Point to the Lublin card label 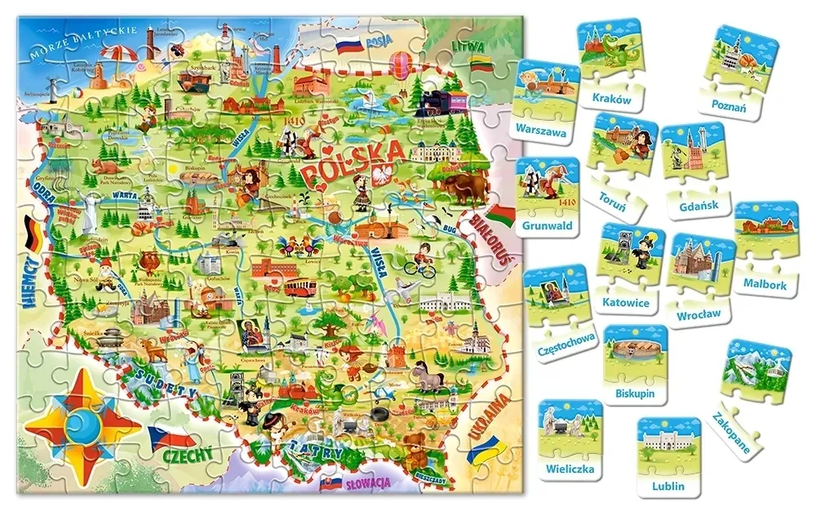point(668,487)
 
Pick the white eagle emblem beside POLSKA point(383,175)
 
